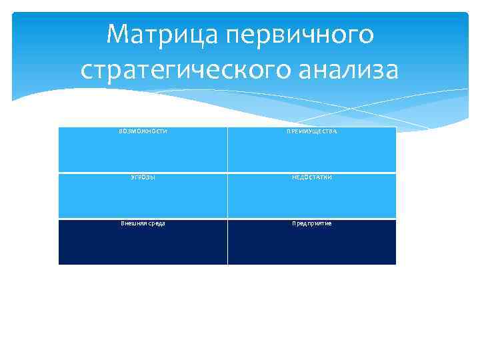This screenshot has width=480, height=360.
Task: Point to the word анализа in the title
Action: pos(347,69)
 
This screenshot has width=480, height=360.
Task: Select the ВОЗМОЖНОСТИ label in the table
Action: pos(143,131)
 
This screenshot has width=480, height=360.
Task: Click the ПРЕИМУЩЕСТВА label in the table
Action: pos(312,132)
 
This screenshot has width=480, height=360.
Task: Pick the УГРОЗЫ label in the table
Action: pos(143,177)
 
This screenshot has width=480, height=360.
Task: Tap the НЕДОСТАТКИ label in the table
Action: pos(312,177)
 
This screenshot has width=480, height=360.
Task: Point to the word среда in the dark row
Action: pos(157,223)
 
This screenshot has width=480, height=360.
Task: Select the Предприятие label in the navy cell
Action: pos(312,223)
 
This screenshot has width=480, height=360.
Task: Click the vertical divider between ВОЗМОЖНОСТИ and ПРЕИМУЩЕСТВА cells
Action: pos(227,150)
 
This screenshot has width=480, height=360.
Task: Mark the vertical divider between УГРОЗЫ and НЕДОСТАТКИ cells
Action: pos(227,196)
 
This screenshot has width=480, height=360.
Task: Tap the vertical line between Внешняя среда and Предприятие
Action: pos(227,242)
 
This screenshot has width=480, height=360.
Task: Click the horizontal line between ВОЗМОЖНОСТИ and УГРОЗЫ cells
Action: pos(143,173)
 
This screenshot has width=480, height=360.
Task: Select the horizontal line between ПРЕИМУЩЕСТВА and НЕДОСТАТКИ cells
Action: pos(312,173)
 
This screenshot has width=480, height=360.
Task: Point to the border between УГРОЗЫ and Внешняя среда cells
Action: pos(143,219)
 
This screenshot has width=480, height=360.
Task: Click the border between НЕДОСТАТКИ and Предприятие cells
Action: pos(312,219)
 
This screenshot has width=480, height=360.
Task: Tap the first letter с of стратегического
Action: pos(87,70)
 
